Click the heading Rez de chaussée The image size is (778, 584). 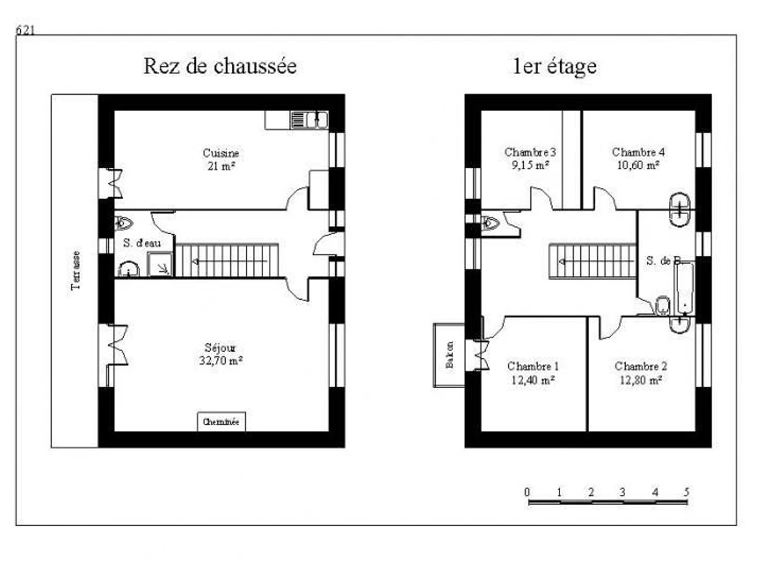coord(220,66)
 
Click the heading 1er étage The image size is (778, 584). coord(554,66)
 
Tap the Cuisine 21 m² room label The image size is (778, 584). coord(220,160)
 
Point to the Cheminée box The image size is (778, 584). coord(221,422)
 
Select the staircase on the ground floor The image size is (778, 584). coord(227,260)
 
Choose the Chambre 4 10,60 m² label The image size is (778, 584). coord(638,158)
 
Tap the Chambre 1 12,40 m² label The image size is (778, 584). coord(532,373)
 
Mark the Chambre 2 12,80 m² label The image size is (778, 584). coord(641,373)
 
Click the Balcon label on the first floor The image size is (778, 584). coord(449,355)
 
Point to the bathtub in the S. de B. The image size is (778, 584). coord(684,289)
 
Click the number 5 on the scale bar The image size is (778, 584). coord(686,491)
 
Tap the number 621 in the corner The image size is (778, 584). coord(25,30)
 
